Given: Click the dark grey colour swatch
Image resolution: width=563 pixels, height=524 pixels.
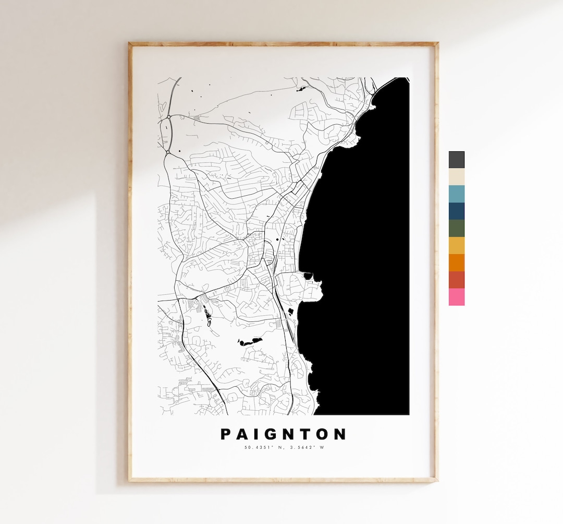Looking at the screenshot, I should coord(456,160).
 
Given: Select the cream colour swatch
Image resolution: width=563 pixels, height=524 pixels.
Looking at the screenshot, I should coord(456,177).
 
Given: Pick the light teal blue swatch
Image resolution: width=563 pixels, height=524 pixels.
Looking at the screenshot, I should coord(456,194).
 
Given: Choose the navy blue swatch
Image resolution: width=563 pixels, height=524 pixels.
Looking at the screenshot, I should coord(456,211).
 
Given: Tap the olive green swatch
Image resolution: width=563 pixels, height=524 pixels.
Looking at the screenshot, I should coord(456,228).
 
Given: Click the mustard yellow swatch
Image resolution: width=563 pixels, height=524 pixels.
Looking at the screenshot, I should coord(456,245).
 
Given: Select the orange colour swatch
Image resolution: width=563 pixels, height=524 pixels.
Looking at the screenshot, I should coord(456,263).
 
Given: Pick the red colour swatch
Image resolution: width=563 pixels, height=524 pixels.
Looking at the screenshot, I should coord(456,280).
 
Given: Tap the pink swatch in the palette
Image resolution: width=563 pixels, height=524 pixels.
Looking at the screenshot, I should coord(456,297).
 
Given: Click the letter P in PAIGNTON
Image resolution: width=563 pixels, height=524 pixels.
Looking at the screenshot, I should coord(226,434).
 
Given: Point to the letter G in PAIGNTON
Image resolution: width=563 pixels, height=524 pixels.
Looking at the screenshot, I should coord(268,434).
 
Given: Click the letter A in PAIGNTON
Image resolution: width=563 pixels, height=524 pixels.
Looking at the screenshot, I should coord(241,434).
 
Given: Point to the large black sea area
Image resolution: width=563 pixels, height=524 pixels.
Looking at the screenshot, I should coord(360,251).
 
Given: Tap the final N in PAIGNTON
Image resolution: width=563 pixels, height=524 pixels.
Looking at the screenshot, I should coord(340,434).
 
